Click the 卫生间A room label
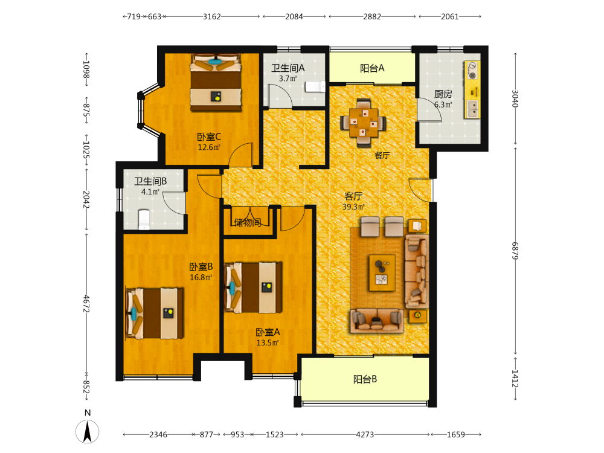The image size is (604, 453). coord(288,68)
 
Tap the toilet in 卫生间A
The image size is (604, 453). coord(315,86)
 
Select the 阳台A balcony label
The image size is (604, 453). coord(372,68)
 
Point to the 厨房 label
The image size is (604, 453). coord(443,94)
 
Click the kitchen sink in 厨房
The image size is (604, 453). coord(472,109)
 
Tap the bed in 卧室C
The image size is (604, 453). coord(216,82)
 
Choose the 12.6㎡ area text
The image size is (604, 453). coord(209,147)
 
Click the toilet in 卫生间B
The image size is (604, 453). coord(144,220)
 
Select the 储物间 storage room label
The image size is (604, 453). coord(247,222)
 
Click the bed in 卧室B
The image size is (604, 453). coord(155,313)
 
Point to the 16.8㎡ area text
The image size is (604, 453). coord(201,277)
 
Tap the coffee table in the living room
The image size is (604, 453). coord(382,272)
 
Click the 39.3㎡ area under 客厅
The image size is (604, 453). coord(353,207)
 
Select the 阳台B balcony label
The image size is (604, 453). coord(365,379)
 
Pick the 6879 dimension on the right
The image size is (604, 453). coord(515,251)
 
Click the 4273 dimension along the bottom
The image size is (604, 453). coord(365,434)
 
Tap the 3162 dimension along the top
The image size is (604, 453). coord(212,16)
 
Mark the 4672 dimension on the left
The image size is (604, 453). coord(86,304)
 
